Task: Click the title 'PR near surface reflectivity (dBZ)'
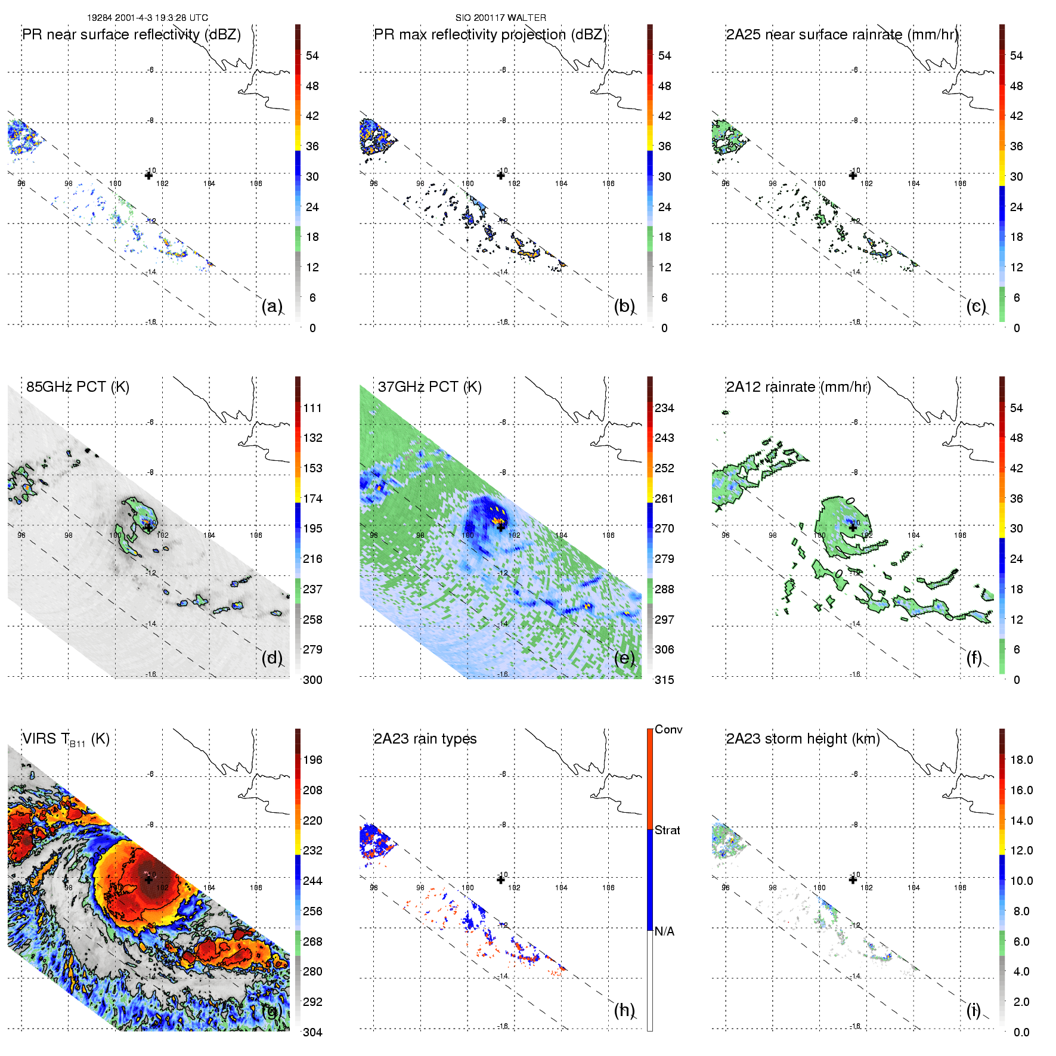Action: [131, 35]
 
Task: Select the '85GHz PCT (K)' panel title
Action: [78, 387]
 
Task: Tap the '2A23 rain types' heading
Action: [425, 739]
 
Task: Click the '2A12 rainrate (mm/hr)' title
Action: [798, 387]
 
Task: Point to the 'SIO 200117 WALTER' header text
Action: [500, 18]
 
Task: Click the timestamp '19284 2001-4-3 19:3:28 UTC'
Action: [147, 18]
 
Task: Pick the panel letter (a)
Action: [272, 306]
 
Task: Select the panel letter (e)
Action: [624, 658]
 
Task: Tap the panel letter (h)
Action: [624, 1010]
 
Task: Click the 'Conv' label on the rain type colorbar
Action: [668, 729]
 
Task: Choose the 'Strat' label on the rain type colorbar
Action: [667, 830]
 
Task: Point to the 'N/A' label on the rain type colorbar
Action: [665, 931]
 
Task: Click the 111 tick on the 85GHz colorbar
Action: [312, 408]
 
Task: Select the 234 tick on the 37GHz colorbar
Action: [664, 408]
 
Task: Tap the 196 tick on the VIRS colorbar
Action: [312, 760]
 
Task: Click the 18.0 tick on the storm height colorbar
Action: [1021, 760]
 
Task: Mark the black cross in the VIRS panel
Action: [148, 880]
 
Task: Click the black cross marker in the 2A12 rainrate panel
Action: [853, 527]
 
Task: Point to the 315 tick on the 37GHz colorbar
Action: [664, 680]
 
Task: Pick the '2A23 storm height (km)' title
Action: [803, 739]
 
